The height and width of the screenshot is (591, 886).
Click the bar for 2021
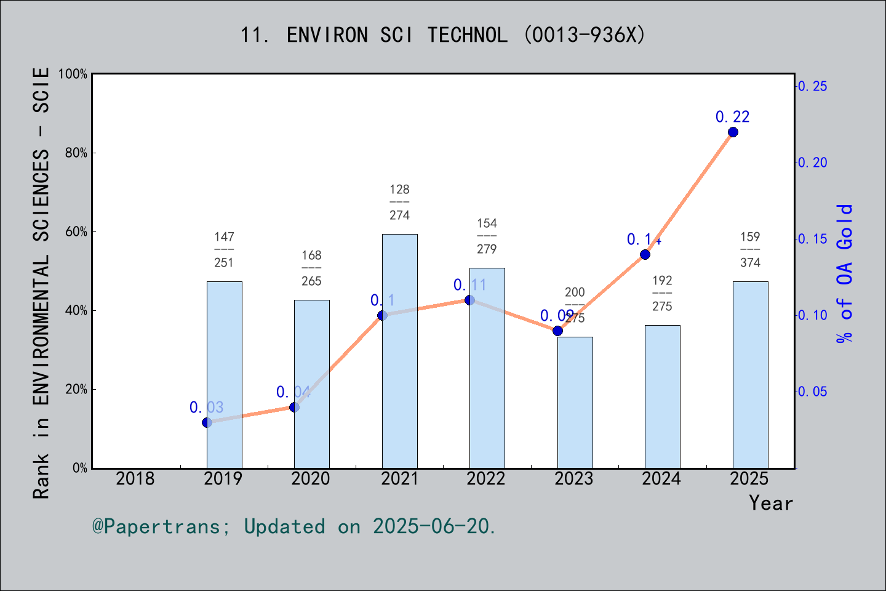399,351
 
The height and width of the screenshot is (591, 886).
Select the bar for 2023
575,403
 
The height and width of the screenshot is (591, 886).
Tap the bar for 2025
750,375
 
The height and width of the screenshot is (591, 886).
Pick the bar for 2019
224,375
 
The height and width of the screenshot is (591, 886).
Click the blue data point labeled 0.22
733,132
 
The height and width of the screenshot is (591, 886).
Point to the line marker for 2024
645,254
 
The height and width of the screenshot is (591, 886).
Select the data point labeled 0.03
207,422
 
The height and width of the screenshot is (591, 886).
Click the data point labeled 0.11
469,300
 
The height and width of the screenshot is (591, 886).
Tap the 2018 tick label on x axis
135,479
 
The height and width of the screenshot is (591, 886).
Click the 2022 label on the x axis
486,479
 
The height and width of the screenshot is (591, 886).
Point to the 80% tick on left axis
76,153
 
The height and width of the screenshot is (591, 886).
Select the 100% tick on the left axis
73,74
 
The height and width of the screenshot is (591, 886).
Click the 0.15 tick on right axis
812,239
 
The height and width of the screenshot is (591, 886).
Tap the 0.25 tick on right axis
812,86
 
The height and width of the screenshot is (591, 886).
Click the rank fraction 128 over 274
399,202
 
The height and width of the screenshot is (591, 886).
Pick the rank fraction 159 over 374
750,249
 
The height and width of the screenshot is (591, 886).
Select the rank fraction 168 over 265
311,268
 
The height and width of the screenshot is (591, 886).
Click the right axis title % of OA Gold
845,273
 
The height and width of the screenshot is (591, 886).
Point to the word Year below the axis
771,504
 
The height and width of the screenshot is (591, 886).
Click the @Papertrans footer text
294,526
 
